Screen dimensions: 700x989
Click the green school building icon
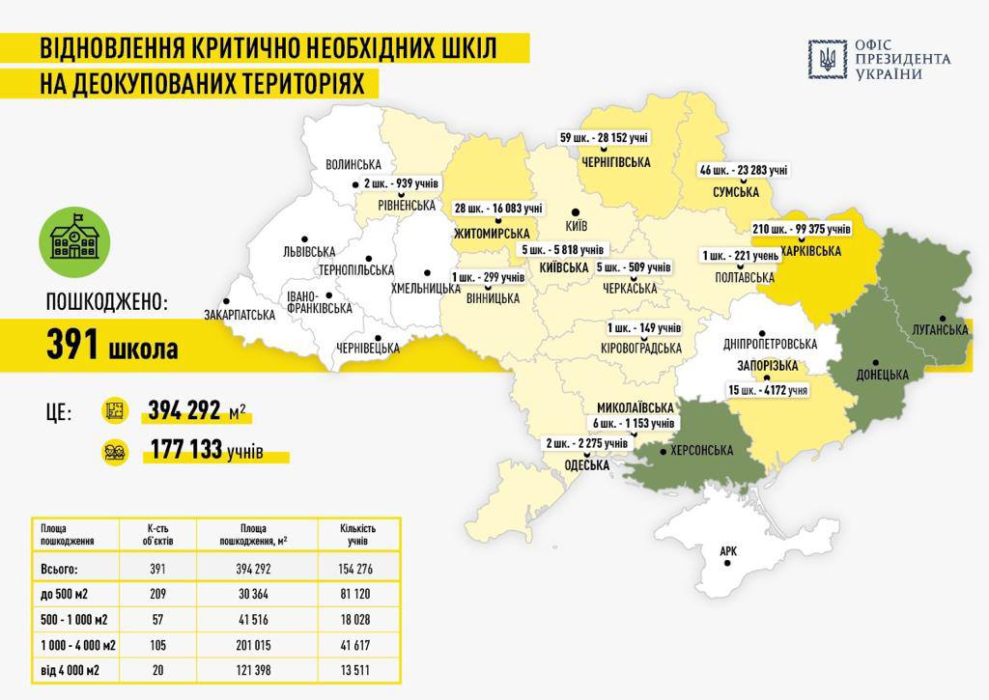[x=74, y=239]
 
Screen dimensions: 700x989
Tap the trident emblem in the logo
[x=828, y=60]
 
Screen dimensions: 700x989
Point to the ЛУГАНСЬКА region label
[x=940, y=330]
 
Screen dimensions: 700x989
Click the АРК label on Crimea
[x=728, y=552]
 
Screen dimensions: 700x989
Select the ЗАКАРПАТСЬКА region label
[x=240, y=315]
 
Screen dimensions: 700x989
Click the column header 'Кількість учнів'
[x=357, y=534]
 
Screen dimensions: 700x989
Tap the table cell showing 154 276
[x=357, y=570]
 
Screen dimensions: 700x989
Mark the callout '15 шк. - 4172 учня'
[x=769, y=390]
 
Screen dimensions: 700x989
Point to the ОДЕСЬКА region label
[x=586, y=465]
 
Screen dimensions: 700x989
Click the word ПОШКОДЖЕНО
[x=106, y=302]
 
